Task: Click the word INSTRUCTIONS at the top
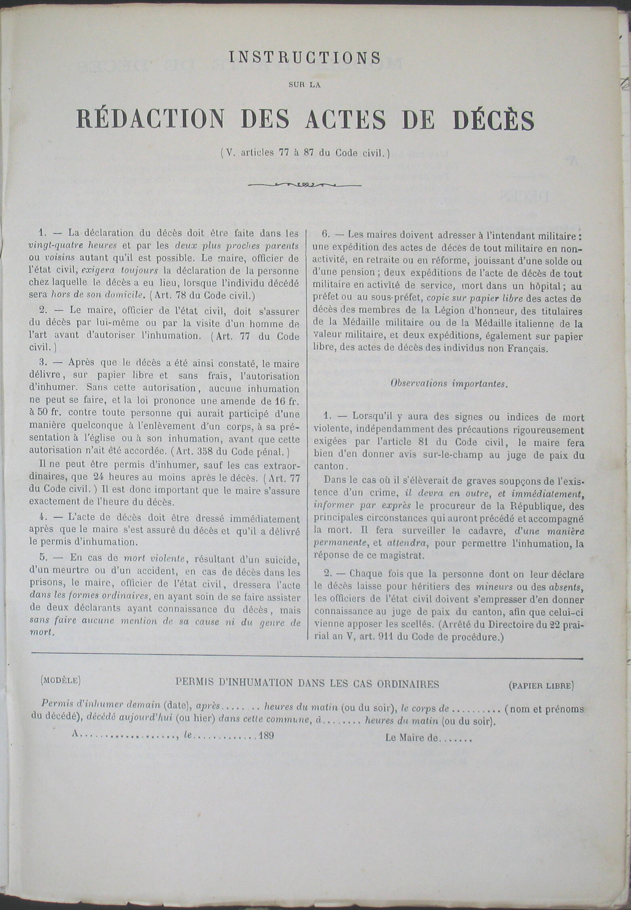pos(305,58)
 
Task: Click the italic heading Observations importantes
pos(448,383)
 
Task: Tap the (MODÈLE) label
pos(61,680)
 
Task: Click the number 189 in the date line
pos(266,735)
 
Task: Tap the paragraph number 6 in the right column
pos(325,234)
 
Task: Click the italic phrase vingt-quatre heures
pos(73,245)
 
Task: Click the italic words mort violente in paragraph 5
pos(154,559)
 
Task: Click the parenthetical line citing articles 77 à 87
pos(305,153)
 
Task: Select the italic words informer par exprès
pos(362,506)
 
